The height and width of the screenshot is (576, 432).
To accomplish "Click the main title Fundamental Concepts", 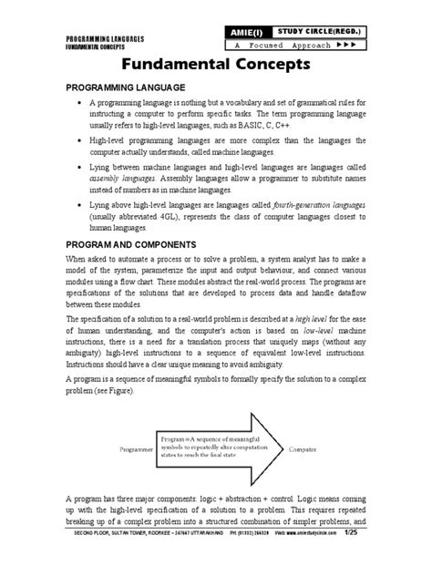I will click(x=216, y=65).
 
